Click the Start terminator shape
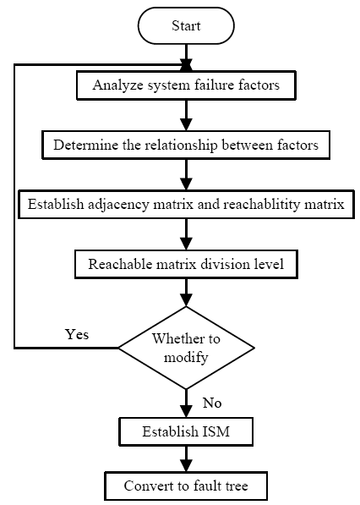point(186,25)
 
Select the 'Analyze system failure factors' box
point(186,85)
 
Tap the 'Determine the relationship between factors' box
point(186,145)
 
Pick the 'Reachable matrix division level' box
point(186,264)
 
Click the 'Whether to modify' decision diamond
point(186,348)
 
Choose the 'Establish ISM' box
point(186,431)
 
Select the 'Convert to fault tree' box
point(186,486)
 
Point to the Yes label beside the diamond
point(77,334)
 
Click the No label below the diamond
point(212,403)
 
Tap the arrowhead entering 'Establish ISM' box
point(186,411)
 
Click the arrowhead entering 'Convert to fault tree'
point(186,466)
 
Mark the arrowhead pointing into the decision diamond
point(186,300)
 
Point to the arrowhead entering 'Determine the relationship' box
point(186,124)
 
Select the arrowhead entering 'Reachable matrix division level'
point(186,244)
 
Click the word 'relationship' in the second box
point(181,145)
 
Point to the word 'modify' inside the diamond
point(186,358)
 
